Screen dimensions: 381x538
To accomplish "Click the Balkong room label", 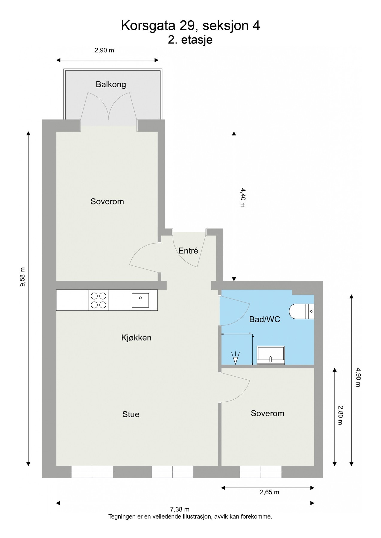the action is (111, 85).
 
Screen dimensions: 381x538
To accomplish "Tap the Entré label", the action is (188, 251).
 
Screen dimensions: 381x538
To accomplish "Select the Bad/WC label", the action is (265, 320).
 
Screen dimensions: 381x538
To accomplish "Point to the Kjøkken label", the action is (136, 338).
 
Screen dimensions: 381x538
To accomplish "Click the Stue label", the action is (131, 414).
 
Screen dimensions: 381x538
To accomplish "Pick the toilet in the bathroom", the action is (301, 311).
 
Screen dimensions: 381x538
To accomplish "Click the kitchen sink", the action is (140, 300).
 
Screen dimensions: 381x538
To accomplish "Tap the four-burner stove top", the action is (98, 300).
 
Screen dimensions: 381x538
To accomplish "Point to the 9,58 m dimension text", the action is (23, 276).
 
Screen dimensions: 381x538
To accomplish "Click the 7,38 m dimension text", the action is (180, 509).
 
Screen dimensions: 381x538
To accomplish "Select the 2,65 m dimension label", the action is (269, 492).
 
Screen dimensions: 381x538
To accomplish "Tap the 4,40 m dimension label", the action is (242, 198).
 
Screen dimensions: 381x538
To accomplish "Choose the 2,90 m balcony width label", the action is (104, 50).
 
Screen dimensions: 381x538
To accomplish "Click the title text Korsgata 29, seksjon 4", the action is (190, 26).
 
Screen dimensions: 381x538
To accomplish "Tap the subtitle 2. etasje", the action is (190, 39).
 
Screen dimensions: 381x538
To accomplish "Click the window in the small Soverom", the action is (261, 472).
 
